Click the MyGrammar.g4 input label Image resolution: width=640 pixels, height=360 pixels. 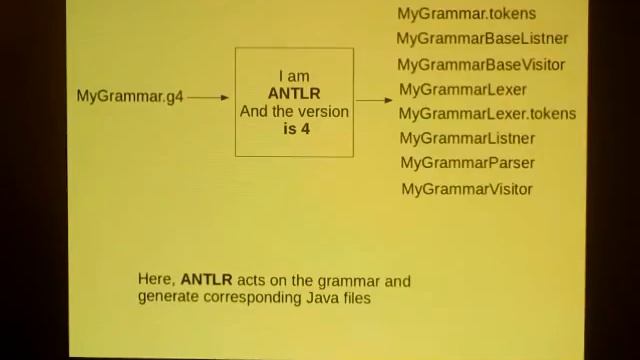point(130,97)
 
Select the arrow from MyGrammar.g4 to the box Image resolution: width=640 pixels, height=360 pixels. point(208,97)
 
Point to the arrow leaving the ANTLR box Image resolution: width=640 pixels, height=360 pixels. point(374,100)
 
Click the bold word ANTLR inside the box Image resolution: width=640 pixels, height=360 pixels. point(294,94)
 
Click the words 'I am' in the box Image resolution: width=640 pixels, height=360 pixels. point(294,76)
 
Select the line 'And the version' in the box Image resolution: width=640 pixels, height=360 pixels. point(294,112)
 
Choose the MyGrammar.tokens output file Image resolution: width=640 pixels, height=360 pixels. point(466,14)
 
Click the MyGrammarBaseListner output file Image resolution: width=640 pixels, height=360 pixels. point(482,39)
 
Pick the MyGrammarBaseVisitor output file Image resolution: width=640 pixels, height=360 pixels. point(481,65)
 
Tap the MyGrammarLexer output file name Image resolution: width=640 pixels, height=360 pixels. point(463,90)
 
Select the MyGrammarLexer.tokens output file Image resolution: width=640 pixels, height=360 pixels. point(487,114)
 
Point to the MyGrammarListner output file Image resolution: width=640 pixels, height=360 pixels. point(467,139)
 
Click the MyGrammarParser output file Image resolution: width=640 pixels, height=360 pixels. point(467,163)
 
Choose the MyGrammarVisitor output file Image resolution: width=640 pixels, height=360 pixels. point(467,189)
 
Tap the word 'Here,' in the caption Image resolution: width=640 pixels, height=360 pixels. point(157,281)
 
